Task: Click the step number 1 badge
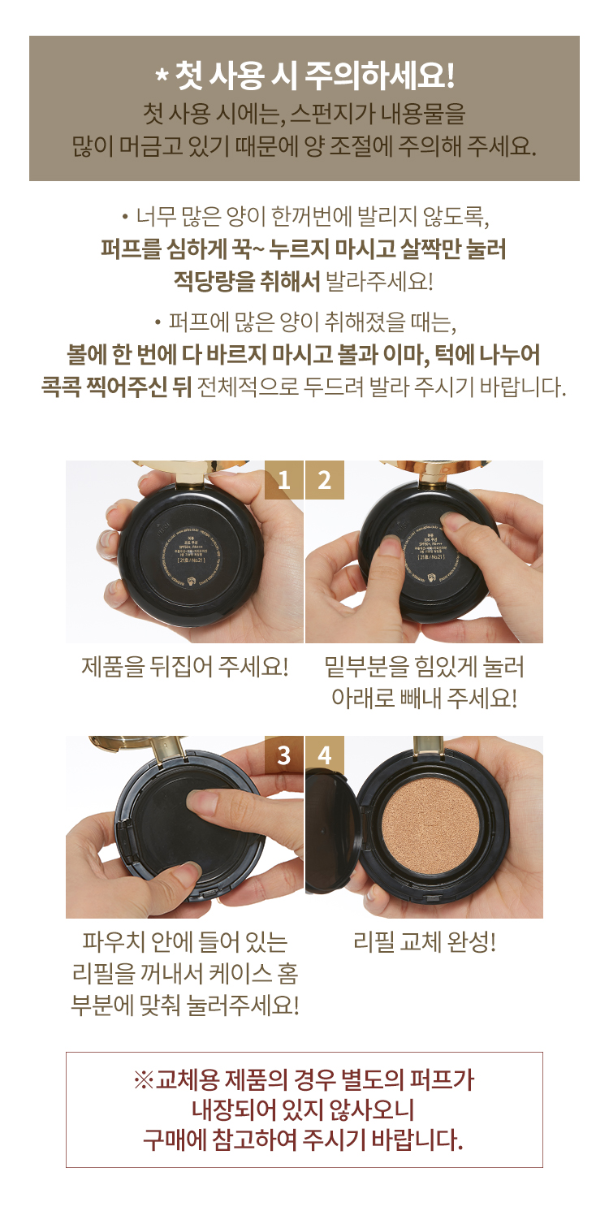click(x=284, y=480)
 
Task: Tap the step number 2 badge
click(x=325, y=480)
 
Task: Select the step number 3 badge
click(x=284, y=755)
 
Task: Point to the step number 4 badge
click(x=325, y=755)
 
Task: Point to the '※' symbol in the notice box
click(x=144, y=1080)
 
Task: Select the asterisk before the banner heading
click(x=161, y=77)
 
